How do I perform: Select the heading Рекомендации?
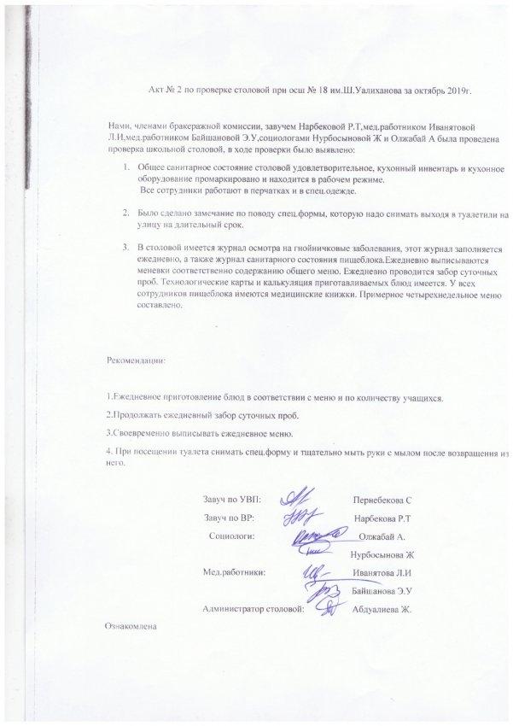point(137,360)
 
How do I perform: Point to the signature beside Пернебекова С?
point(298,497)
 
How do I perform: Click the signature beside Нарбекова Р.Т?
point(300,517)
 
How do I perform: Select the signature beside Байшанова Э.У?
point(325,590)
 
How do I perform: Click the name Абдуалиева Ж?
point(382,610)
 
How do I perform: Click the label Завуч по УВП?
point(233,498)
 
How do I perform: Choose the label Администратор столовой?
point(254,609)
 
